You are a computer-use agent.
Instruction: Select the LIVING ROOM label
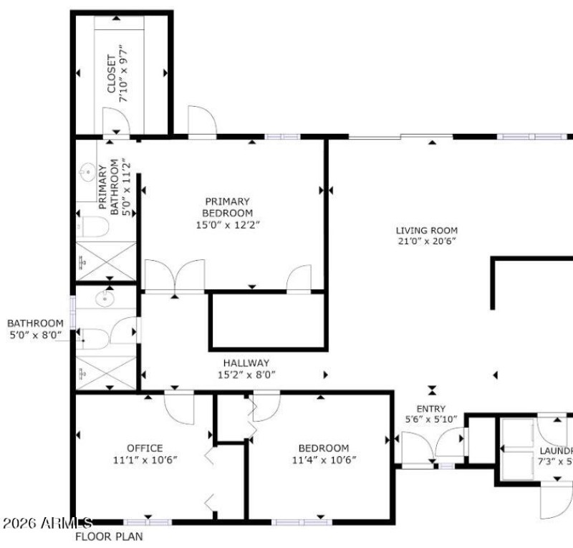click(x=427, y=230)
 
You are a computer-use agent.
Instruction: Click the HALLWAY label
click(x=246, y=363)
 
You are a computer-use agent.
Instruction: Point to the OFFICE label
click(x=145, y=448)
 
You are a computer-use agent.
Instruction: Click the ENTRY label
click(x=430, y=408)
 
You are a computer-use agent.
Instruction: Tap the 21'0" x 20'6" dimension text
click(x=427, y=241)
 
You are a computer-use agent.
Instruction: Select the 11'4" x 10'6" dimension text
click(x=324, y=460)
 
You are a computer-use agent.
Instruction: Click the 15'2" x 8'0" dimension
click(x=246, y=375)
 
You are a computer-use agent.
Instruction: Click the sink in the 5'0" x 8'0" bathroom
click(x=107, y=297)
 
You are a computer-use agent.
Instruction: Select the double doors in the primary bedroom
click(x=175, y=277)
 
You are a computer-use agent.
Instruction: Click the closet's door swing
click(x=115, y=122)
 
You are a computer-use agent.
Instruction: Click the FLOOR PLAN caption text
click(x=109, y=537)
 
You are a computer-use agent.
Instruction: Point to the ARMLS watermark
click(x=47, y=524)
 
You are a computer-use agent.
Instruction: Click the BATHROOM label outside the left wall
click(x=35, y=323)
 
